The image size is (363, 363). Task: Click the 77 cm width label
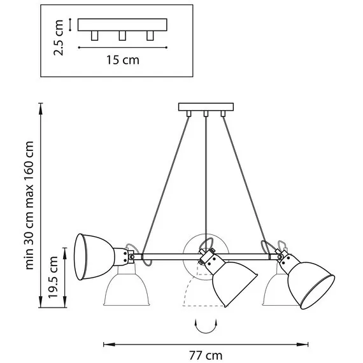pos(206,355)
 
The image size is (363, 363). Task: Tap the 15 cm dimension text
pos(123,60)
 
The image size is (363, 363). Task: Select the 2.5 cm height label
pos(59,38)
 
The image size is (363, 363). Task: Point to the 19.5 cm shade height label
pos(53,277)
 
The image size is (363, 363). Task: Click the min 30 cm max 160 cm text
pos(29,205)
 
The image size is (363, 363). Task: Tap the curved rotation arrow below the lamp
pos(206,326)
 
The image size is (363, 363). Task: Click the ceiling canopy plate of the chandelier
pos(206,107)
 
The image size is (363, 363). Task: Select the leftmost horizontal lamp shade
pos(94,257)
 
